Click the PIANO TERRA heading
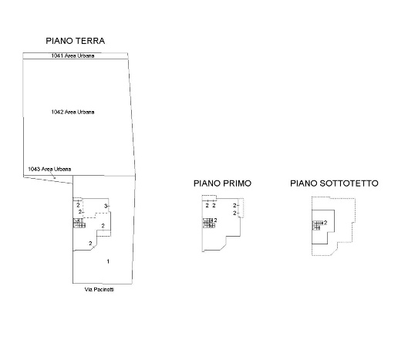(75, 41)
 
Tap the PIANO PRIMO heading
(222, 183)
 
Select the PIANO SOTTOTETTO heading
(334, 183)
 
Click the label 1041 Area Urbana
(73, 56)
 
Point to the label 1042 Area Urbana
(73, 112)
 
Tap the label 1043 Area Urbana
(49, 169)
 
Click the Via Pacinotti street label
(99, 289)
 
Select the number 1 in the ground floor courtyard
(108, 261)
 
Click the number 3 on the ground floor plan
(106, 206)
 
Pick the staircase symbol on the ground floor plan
(79, 223)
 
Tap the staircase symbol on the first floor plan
(209, 223)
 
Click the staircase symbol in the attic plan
(316, 225)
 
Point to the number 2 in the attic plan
(325, 223)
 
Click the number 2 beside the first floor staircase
(215, 220)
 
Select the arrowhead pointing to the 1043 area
(54, 177)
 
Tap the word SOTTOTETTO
(349, 183)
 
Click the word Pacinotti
(103, 289)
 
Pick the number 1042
(57, 112)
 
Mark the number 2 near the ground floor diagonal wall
(90, 243)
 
